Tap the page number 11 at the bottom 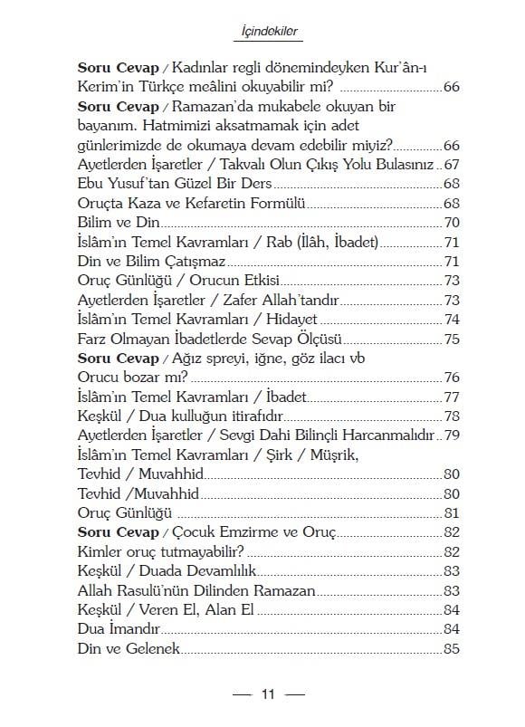268,694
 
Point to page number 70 453,223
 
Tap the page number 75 453,340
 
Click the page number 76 453,378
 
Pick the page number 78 453,416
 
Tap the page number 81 453,513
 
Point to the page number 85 453,649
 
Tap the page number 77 453,397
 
